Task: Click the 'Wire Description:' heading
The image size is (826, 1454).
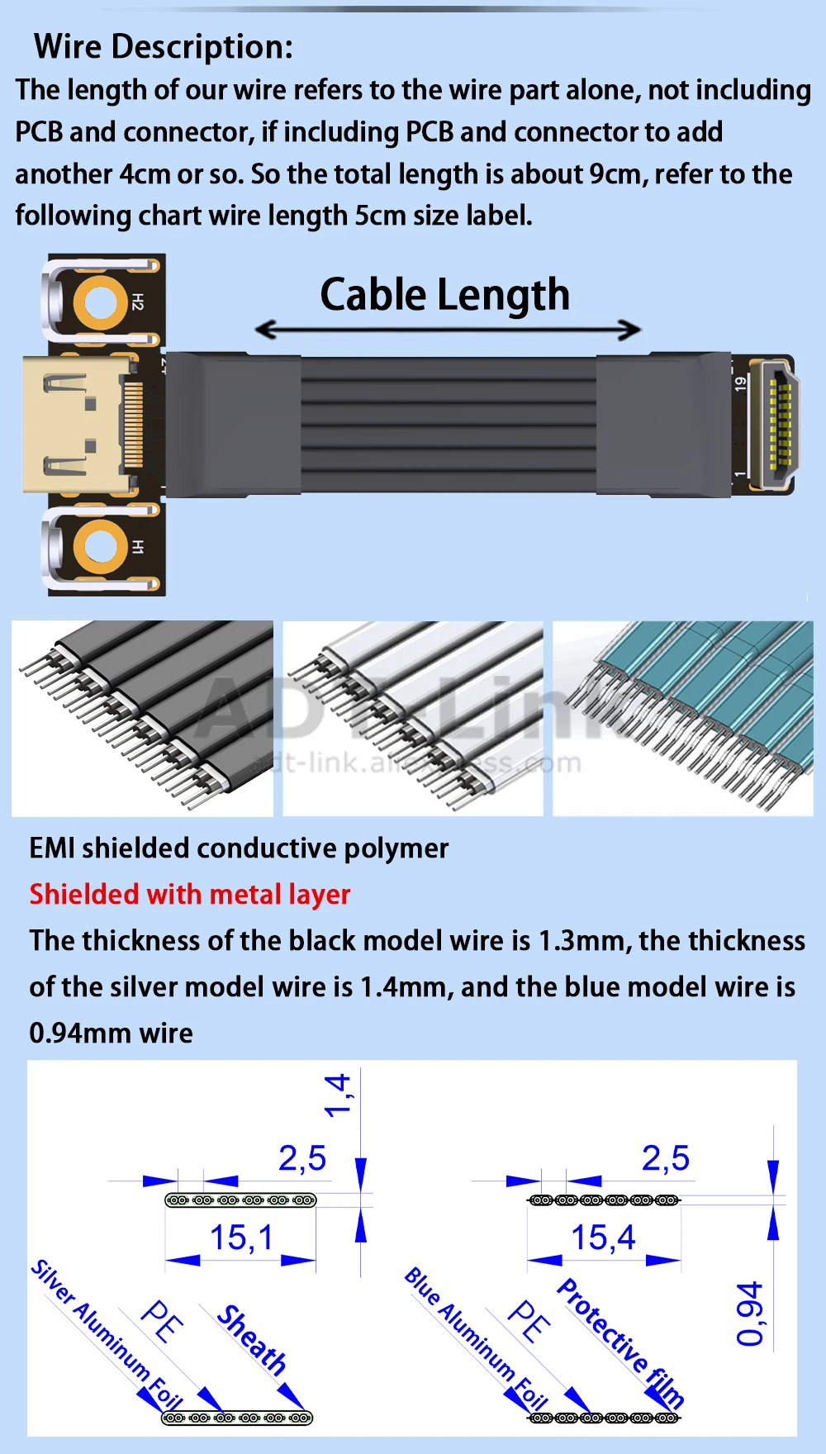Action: coord(164,47)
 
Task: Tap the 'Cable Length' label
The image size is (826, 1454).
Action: coord(444,295)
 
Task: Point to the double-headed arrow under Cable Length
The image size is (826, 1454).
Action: coord(447,330)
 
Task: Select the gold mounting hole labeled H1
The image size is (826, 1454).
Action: coord(99,547)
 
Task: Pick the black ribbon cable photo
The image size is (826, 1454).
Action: coord(142,718)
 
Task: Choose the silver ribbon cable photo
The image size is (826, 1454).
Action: coord(413,718)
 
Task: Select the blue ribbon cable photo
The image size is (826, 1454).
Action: coord(683,718)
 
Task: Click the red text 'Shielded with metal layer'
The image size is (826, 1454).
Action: coord(190,895)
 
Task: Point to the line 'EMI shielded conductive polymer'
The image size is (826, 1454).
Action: coord(239,848)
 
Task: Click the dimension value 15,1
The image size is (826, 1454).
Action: coord(240,1238)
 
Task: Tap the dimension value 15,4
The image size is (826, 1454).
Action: coord(603,1238)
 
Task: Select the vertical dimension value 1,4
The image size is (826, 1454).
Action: coord(338,1095)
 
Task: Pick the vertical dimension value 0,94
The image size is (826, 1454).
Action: coord(749,1314)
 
